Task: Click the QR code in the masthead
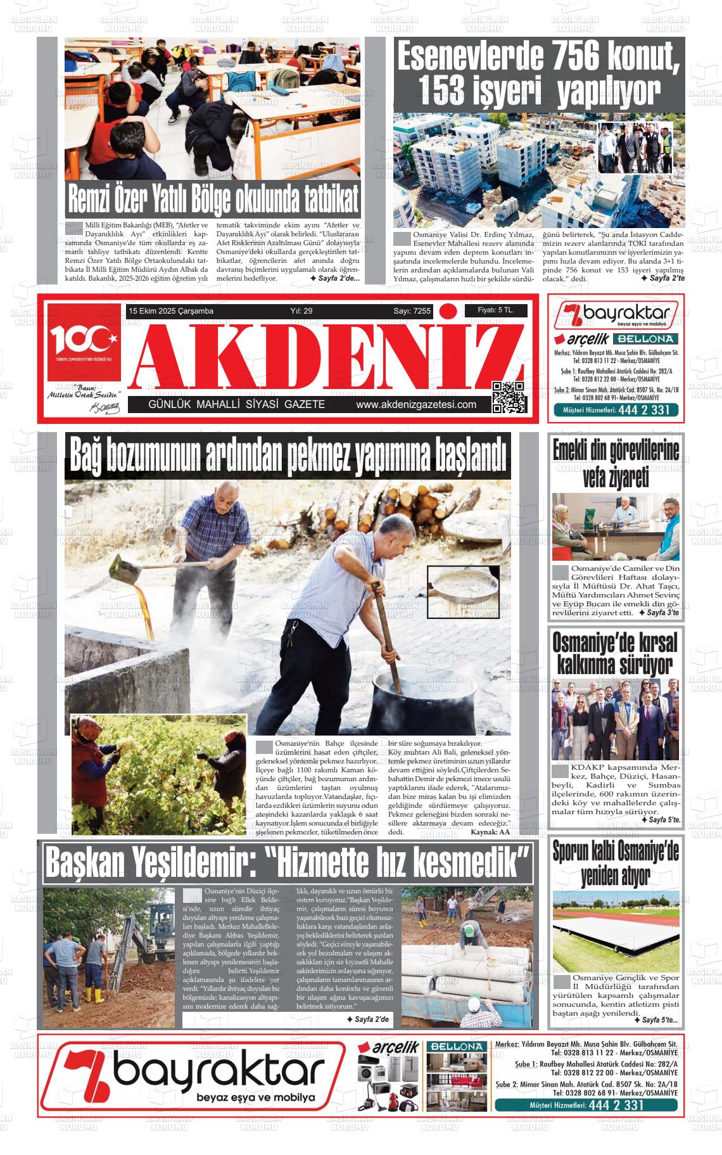point(509,397)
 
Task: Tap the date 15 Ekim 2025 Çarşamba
point(171,311)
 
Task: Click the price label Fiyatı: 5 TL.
point(495,310)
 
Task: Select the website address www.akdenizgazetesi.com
point(416,405)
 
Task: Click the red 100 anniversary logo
point(84,343)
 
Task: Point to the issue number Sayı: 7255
point(412,311)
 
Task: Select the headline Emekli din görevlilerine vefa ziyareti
point(615,464)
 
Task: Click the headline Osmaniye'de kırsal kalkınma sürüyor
point(615,653)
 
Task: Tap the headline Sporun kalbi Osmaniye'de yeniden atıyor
point(615,863)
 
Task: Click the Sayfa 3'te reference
point(659,613)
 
